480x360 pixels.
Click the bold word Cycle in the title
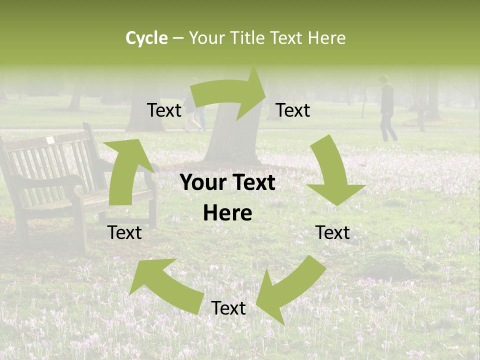coord(146,38)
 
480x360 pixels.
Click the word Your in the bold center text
coord(202,183)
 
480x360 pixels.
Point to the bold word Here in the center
coord(227,213)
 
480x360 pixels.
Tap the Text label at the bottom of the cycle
coord(228,308)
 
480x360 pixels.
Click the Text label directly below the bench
coord(124,232)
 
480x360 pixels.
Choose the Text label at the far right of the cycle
coord(332,232)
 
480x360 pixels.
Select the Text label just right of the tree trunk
coord(293,110)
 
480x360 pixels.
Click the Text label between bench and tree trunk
coord(164,110)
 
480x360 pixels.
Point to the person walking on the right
coord(387,107)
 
